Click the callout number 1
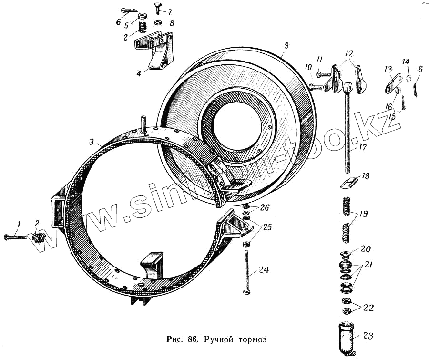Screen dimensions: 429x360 (20, 224)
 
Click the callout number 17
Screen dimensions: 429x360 (363, 147)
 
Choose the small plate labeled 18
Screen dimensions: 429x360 (350, 182)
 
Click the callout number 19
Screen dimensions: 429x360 (363, 215)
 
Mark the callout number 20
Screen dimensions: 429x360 (366, 248)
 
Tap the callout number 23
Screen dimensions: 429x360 (368, 336)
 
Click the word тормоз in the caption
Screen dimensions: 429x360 (244, 339)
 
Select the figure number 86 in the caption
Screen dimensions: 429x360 (193, 339)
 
